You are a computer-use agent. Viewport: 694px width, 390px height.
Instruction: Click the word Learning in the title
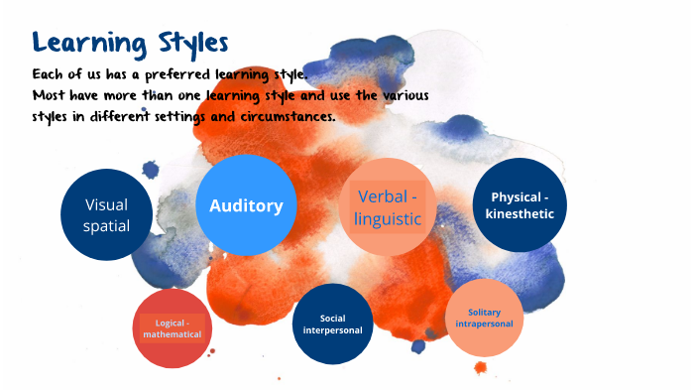click(89, 44)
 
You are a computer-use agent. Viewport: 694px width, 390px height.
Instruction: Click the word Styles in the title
click(193, 44)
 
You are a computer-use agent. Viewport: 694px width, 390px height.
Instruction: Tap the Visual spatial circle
click(107, 214)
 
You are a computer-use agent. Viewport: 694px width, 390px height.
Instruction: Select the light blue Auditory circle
click(246, 204)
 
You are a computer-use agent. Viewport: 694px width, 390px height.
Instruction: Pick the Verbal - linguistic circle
click(388, 206)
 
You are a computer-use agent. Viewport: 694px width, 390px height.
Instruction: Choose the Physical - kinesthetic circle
click(520, 204)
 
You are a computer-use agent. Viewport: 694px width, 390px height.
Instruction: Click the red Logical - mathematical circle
click(173, 328)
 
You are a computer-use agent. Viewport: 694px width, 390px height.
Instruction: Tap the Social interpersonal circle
click(332, 324)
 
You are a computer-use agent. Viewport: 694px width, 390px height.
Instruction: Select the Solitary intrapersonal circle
click(484, 318)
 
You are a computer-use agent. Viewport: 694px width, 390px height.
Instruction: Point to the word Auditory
click(246, 205)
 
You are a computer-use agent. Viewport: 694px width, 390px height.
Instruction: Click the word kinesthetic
click(520, 213)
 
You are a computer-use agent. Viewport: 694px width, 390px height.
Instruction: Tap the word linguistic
click(388, 219)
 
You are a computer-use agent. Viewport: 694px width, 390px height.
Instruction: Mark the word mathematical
click(173, 334)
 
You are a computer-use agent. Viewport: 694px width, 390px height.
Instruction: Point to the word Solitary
click(484, 313)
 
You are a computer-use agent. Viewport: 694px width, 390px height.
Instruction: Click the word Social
click(332, 319)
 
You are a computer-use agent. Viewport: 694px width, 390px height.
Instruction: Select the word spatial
click(107, 226)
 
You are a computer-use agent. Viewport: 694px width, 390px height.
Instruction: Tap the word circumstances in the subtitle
click(288, 116)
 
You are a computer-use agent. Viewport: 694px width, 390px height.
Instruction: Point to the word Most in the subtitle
click(49, 95)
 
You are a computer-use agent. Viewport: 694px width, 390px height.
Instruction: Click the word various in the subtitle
click(405, 95)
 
